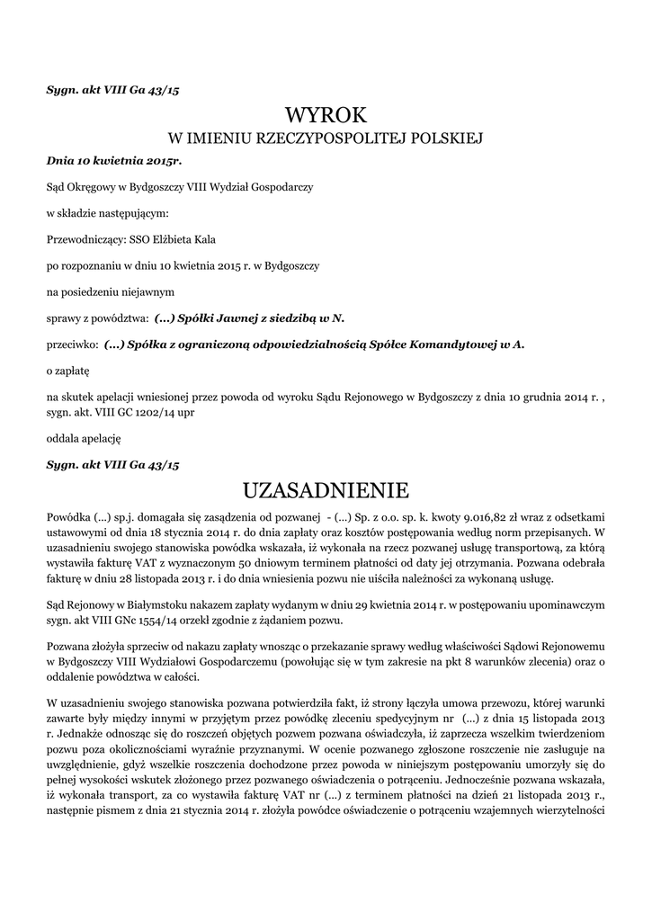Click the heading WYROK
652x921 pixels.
click(x=326, y=114)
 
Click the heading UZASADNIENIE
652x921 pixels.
click(x=326, y=490)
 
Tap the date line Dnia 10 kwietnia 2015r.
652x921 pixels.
click(x=113, y=160)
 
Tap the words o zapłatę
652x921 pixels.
click(x=68, y=370)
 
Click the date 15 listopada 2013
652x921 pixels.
click(x=549, y=719)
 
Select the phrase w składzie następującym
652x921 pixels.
click(x=107, y=213)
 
